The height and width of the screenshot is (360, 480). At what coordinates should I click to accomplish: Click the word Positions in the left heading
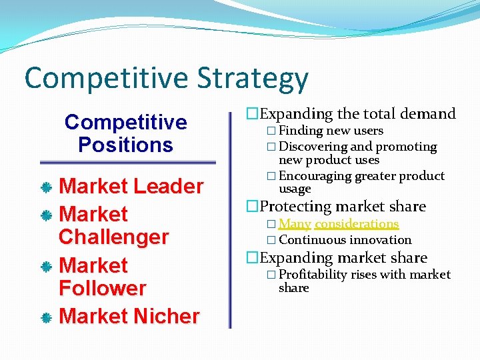125,145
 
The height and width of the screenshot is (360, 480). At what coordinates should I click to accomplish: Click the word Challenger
113,237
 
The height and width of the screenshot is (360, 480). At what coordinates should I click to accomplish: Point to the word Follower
102,289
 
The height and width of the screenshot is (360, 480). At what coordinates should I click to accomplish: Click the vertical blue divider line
230,220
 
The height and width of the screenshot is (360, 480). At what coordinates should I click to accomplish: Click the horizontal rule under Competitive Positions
127,162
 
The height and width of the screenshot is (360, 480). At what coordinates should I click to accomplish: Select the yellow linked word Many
295,224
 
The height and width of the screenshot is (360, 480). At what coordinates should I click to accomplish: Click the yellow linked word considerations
357,224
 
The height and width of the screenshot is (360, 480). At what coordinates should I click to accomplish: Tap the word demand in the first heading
428,114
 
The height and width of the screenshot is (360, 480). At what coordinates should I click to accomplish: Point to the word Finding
301,131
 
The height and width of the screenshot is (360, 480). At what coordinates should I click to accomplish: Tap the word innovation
381,240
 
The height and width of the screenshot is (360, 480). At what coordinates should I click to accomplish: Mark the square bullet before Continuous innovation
271,240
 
